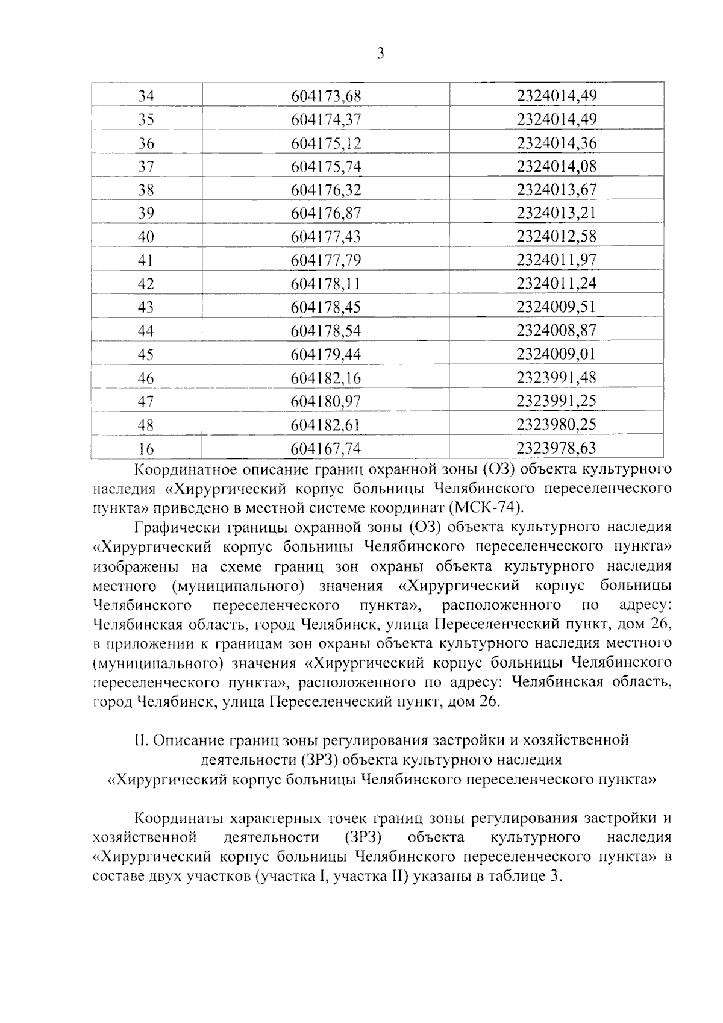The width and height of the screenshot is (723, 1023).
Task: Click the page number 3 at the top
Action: click(x=380, y=54)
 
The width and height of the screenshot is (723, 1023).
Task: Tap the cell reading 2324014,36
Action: click(x=556, y=143)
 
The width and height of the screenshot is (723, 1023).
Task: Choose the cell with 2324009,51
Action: click(x=556, y=307)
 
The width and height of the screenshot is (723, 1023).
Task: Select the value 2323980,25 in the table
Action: click(x=556, y=425)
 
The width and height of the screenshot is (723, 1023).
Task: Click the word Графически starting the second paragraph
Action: click(x=175, y=527)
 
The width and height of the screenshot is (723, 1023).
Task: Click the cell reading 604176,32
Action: click(x=325, y=190)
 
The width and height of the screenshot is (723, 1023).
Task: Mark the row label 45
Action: click(x=146, y=355)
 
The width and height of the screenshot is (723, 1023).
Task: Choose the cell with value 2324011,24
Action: click(x=556, y=284)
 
